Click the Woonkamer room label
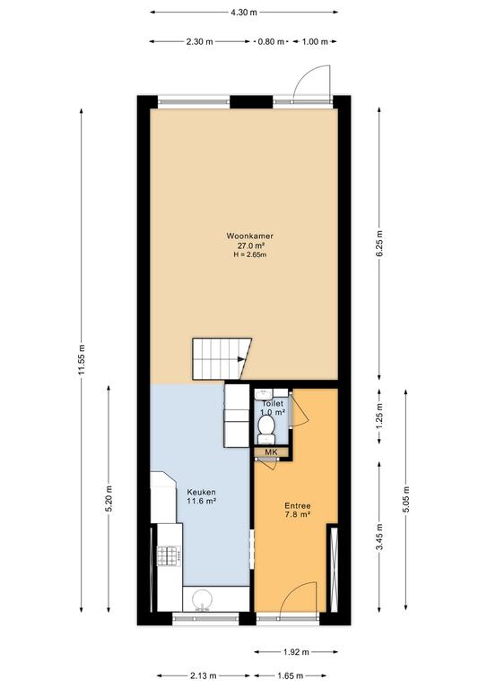pos(250,236)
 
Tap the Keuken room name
pos(201,492)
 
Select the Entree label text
pos(297,505)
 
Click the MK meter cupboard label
pos(271,451)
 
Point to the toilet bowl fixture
pos(266,427)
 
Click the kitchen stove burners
pos(169,555)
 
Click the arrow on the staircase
pos(241,359)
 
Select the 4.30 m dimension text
pos(244,13)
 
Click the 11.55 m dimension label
pos(82,360)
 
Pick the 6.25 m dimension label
pos(379,244)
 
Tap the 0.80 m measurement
pos(271,42)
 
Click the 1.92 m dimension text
pos(297,652)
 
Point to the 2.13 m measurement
pos(203,675)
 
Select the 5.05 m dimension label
pos(406,499)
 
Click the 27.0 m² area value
pos(250,245)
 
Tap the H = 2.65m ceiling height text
pos(250,254)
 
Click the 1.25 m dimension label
pos(379,417)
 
